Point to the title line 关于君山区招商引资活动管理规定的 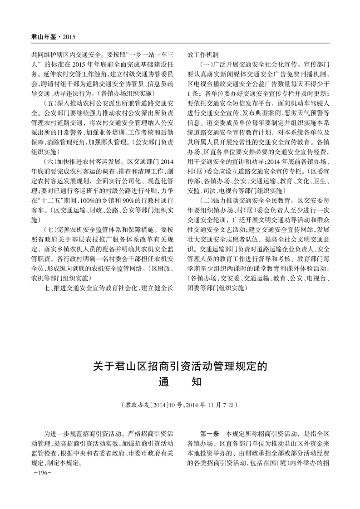point(180,365)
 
